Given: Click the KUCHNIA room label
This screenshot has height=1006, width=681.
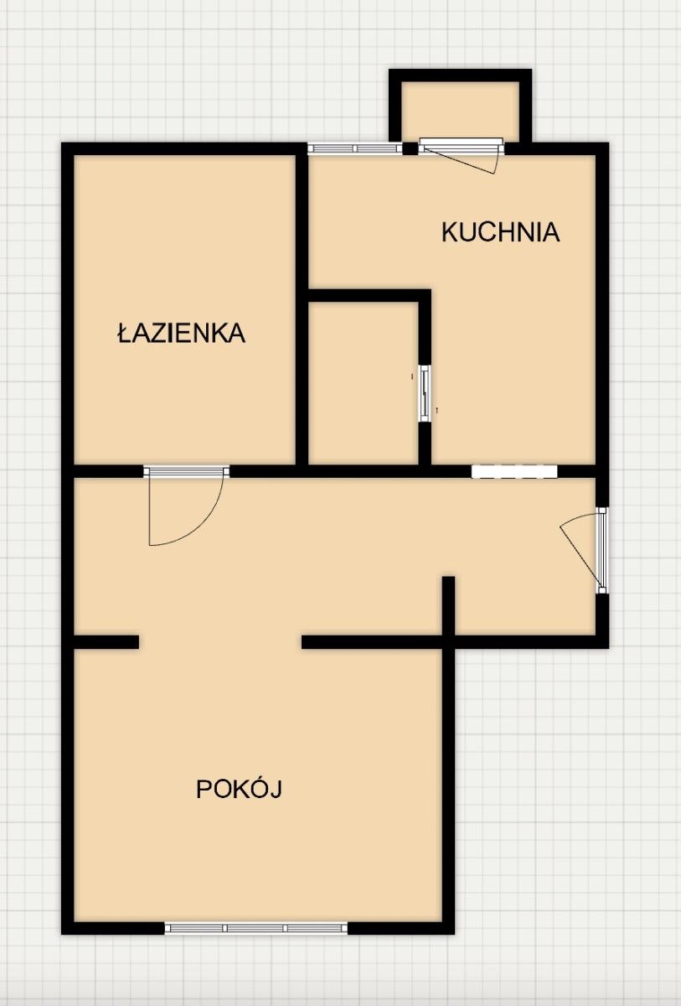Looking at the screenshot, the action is pyautogui.click(x=501, y=232).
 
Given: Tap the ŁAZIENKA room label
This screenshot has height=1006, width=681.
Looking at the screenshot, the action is pyautogui.click(x=181, y=333).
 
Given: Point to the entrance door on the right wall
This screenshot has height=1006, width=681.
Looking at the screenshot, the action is pyautogui.click(x=601, y=551).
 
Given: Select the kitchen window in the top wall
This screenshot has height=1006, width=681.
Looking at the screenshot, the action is pyautogui.click(x=354, y=148).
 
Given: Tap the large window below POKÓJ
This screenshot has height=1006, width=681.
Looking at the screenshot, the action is pyautogui.click(x=256, y=928).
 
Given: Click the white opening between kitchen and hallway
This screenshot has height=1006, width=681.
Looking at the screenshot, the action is pyautogui.click(x=514, y=471).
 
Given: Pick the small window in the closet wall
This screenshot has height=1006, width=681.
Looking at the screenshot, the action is pyautogui.click(x=425, y=393).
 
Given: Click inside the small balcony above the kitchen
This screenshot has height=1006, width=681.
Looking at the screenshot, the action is pyautogui.click(x=460, y=110).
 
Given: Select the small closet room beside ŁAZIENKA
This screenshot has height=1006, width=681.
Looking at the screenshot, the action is pyautogui.click(x=364, y=383).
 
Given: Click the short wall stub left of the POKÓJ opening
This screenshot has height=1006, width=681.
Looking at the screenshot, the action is pyautogui.click(x=106, y=642).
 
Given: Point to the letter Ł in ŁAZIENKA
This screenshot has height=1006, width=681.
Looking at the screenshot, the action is pyautogui.click(x=123, y=333).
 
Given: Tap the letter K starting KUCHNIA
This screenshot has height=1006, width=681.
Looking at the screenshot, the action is pyautogui.click(x=450, y=232).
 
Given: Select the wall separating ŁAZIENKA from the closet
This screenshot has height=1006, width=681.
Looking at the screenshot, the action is pyautogui.click(x=302, y=310).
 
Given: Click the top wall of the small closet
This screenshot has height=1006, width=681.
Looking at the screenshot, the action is pyautogui.click(x=369, y=296).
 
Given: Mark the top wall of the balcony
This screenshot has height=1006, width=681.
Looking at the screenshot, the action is pyautogui.click(x=460, y=75).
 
